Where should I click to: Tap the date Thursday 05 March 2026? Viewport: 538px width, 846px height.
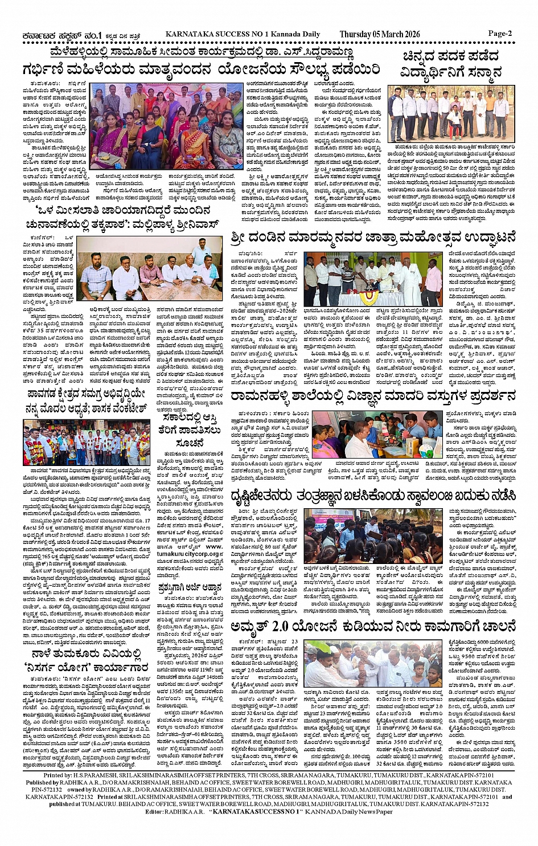tap(379, 34)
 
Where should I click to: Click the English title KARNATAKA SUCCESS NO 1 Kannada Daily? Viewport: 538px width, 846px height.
tap(243, 34)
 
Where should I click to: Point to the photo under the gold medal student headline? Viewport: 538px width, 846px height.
tap(451, 114)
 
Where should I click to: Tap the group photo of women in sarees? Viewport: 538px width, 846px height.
tap(167, 125)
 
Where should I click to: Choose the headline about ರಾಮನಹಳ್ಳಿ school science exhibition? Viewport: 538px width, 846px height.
tap(373, 396)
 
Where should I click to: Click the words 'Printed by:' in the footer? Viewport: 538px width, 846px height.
tap(58, 775)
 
